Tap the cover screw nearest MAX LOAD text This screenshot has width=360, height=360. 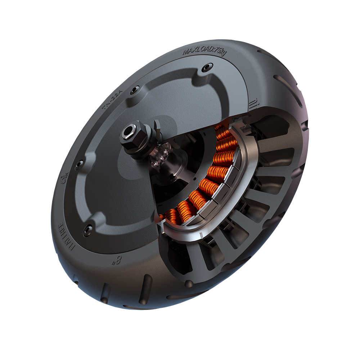(x=206, y=68)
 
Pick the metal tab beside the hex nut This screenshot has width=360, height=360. (x=157, y=128)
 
